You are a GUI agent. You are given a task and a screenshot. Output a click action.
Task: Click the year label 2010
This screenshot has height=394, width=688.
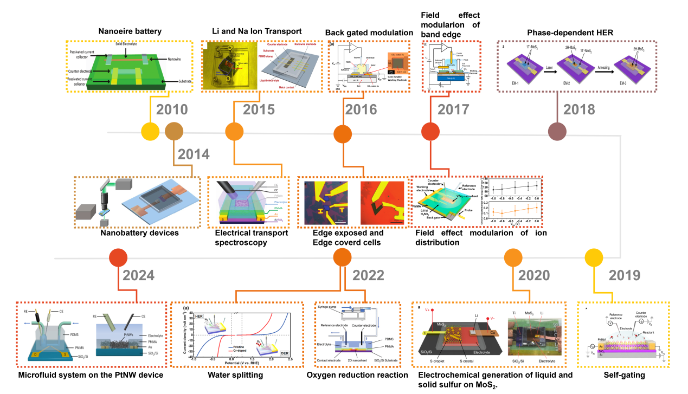click(x=172, y=110)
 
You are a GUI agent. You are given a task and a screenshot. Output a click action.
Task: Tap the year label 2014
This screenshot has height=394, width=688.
click(x=194, y=154)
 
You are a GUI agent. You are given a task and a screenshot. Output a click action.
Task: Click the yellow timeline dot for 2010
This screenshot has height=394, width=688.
click(x=150, y=131)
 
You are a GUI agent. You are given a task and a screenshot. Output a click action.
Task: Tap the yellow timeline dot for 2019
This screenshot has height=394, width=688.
click(x=594, y=258)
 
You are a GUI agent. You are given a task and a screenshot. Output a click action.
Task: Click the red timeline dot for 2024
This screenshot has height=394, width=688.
click(x=118, y=258)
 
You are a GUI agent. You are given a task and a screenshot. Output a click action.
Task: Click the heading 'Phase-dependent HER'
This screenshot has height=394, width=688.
click(x=570, y=33)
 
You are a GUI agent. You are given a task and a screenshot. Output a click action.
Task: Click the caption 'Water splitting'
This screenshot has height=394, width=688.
click(x=235, y=374)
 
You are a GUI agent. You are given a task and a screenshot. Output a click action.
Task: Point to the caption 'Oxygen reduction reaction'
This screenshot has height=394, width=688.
click(x=357, y=374)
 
